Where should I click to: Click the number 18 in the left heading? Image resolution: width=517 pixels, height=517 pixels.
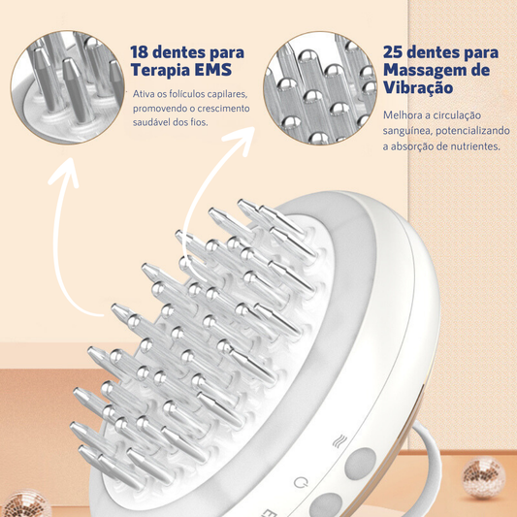pyautogui.click(x=139, y=52)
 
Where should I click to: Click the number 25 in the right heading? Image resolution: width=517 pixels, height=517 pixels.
pyautogui.click(x=393, y=52)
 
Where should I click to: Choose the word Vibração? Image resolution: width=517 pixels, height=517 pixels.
pyautogui.click(x=418, y=87)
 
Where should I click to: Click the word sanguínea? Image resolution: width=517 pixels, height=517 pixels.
pyautogui.click(x=406, y=131)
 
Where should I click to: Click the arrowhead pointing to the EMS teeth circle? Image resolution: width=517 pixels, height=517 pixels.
pyautogui.click(x=64, y=172)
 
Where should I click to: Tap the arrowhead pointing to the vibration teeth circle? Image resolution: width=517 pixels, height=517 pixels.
pyautogui.click(x=241, y=140)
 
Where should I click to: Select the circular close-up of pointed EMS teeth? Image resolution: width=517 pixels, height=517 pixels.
pyautogui.click(x=68, y=87)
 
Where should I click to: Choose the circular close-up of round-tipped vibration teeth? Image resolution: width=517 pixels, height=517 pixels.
pyautogui.click(x=320, y=88)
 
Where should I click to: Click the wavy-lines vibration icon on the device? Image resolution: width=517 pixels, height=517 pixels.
pyautogui.click(x=339, y=441)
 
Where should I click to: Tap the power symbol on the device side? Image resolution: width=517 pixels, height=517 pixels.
pyautogui.click(x=301, y=483)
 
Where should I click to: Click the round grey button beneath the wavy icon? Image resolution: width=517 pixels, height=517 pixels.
pyautogui.click(x=361, y=464)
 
